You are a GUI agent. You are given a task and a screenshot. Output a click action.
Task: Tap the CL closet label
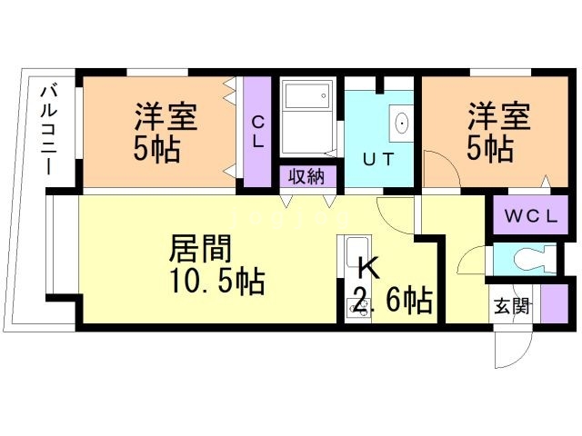(257, 132)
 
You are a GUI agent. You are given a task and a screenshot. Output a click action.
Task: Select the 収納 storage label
(306, 176)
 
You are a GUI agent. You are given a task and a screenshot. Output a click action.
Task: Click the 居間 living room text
(199, 247)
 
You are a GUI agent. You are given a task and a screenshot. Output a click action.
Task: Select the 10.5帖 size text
(216, 282)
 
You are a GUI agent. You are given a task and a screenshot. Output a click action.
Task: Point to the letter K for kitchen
(368, 269)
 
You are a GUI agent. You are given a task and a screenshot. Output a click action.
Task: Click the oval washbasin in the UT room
(401, 123)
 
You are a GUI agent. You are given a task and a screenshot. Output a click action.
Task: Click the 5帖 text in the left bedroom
(156, 147)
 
